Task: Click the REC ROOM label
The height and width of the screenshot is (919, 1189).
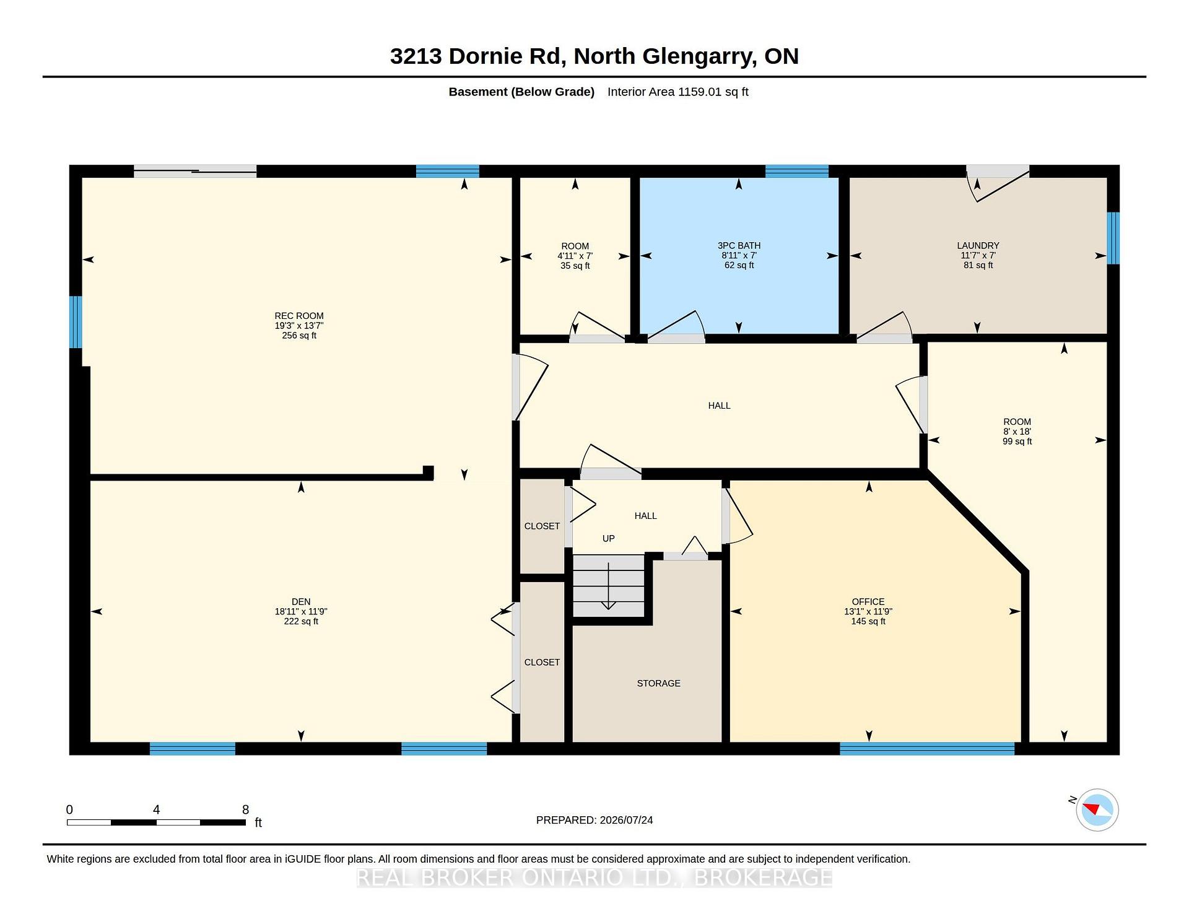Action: pyautogui.click(x=299, y=316)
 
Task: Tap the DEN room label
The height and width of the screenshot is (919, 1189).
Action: pyautogui.click(x=301, y=602)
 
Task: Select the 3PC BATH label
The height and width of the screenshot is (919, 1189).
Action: pyautogui.click(x=739, y=246)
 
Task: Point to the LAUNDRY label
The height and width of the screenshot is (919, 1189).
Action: pyautogui.click(x=978, y=246)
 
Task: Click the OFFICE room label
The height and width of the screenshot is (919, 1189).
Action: pyautogui.click(x=868, y=602)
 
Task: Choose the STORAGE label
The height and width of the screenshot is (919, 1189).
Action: pyautogui.click(x=658, y=684)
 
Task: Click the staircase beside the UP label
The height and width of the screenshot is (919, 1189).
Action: pyautogui.click(x=609, y=586)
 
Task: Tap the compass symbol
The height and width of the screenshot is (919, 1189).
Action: pyautogui.click(x=1097, y=810)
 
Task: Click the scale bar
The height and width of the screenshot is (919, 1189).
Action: pyautogui.click(x=156, y=822)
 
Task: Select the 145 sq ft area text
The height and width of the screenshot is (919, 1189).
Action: pyautogui.click(x=868, y=622)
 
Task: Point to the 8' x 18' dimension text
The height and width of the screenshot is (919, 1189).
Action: pyautogui.click(x=1017, y=432)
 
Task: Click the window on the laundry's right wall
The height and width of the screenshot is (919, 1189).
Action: pyautogui.click(x=1113, y=238)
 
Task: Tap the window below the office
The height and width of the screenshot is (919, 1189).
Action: pyautogui.click(x=927, y=749)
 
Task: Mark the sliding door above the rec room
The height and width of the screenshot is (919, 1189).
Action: pyautogui.click(x=195, y=171)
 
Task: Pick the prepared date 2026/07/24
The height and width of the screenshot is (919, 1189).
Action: pyautogui.click(x=626, y=820)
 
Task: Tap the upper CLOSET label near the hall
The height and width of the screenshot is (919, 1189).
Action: pyautogui.click(x=542, y=526)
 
